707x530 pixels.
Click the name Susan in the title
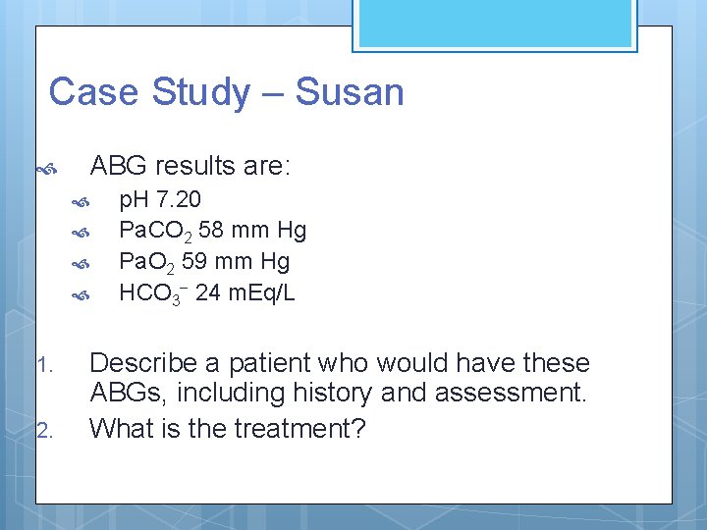tap(350, 92)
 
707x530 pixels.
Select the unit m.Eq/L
tap(260, 292)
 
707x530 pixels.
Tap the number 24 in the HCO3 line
tap(207, 292)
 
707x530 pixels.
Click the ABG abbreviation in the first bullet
tap(120, 166)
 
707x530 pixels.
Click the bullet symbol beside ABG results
tap(44, 168)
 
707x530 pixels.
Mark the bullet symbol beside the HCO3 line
tap(83, 293)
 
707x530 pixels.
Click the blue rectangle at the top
tap(494, 24)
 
